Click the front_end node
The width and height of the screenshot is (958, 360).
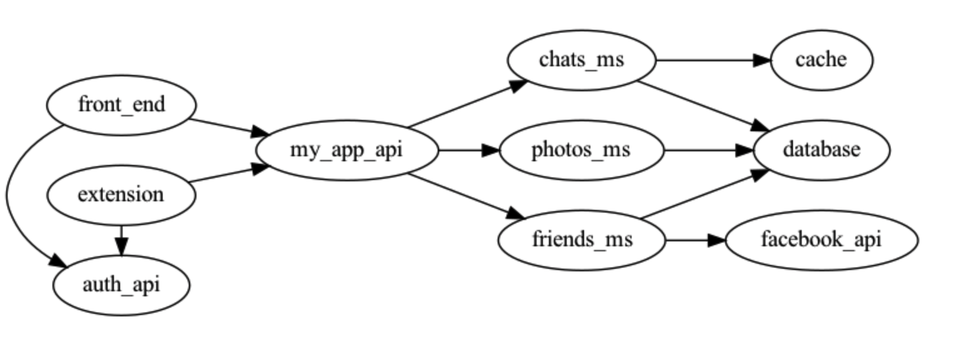[x=121, y=104]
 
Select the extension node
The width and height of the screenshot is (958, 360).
[x=121, y=194]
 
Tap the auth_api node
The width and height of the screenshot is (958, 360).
[x=121, y=285]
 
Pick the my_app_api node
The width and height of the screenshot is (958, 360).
[x=346, y=150]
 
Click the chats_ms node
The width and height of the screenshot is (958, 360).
[x=581, y=60]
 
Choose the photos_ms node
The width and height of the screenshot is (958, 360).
[x=581, y=150]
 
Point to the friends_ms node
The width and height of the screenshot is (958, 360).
[x=582, y=240]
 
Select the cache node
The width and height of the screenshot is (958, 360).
[x=821, y=60]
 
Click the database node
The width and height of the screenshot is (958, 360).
[x=821, y=150]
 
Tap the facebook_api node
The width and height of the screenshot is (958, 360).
[x=821, y=240]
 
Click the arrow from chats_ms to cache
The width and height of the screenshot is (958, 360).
[x=713, y=60]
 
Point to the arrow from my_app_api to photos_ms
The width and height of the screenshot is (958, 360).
[x=469, y=150]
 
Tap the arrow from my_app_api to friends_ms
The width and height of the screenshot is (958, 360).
[x=466, y=196]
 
